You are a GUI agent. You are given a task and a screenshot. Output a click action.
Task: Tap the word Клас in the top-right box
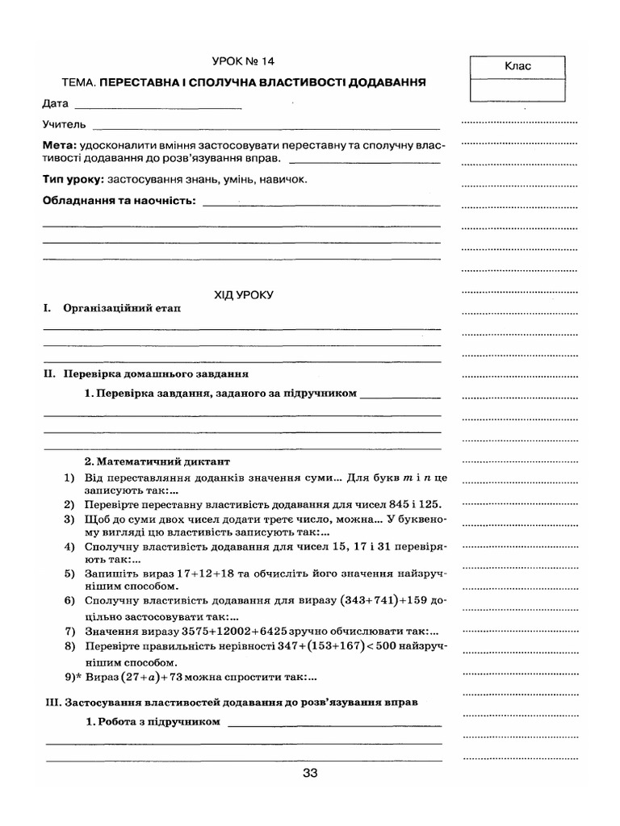518,67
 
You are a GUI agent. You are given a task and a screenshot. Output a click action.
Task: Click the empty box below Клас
518,90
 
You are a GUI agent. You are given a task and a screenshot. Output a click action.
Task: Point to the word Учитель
64,125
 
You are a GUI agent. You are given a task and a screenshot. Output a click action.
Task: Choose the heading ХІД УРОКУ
244,295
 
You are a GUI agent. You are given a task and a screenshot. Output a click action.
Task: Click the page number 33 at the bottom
310,773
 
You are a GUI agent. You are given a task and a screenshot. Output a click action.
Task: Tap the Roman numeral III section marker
52,703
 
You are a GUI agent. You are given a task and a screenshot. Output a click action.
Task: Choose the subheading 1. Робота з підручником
153,723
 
